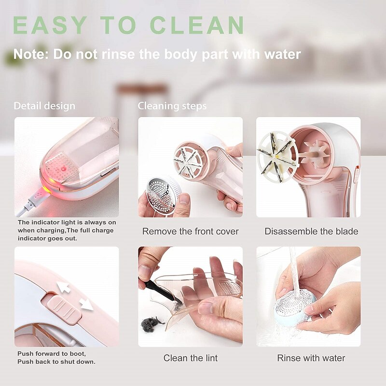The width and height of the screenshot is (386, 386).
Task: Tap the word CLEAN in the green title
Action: click(x=197, y=25)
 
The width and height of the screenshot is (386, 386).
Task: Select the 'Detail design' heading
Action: click(x=44, y=106)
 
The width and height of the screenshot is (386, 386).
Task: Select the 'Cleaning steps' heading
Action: click(x=172, y=106)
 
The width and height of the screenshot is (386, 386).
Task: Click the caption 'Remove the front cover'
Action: click(x=190, y=232)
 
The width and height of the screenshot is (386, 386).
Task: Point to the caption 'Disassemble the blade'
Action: click(x=311, y=232)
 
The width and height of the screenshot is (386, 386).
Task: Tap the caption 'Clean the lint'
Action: click(x=190, y=358)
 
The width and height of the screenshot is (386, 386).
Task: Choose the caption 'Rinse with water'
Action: click(x=311, y=358)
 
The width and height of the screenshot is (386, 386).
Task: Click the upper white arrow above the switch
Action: click(x=63, y=288)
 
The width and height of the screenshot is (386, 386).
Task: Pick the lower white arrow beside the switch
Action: click(x=86, y=305)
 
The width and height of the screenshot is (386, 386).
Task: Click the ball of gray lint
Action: click(x=151, y=324)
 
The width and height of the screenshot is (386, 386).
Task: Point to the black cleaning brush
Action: click(x=160, y=291)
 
